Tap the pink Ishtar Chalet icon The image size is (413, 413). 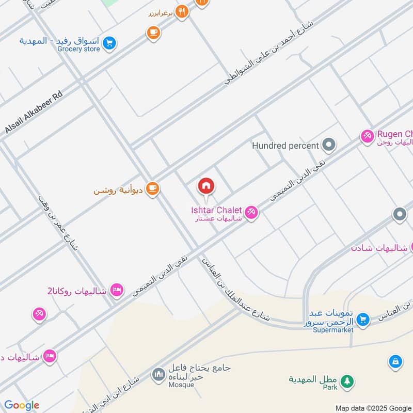click(x=251, y=212)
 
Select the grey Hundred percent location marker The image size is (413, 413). click(x=328, y=145)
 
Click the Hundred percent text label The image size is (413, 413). click(x=285, y=146)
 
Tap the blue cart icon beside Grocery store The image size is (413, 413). click(x=108, y=43)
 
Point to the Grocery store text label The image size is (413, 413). click(x=78, y=50)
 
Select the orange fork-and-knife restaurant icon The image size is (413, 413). click(x=181, y=12)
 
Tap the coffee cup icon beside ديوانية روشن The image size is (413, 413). click(x=152, y=189)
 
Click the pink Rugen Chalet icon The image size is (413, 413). click(x=367, y=136)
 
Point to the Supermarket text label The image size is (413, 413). click(x=333, y=330)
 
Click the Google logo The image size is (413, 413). click(x=22, y=405)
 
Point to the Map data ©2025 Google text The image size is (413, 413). click(x=373, y=408)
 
